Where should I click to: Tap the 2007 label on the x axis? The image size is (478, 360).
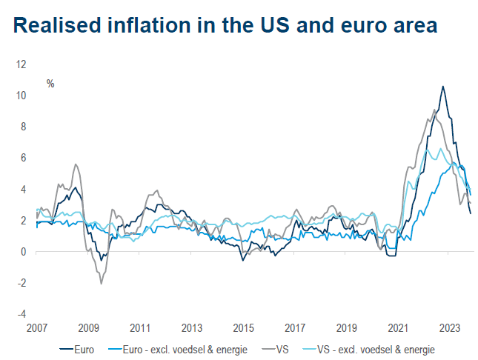[37, 327]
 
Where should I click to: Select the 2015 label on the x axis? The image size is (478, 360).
[243, 327]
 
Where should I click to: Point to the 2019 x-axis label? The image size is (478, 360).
[347, 327]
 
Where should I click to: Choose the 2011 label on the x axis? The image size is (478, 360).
[140, 327]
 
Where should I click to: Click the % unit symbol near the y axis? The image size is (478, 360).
[50, 84]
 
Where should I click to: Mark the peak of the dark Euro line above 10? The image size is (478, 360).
[442, 87]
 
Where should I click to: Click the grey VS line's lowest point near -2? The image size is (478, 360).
[101, 284]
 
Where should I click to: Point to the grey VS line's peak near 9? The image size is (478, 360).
[434, 110]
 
